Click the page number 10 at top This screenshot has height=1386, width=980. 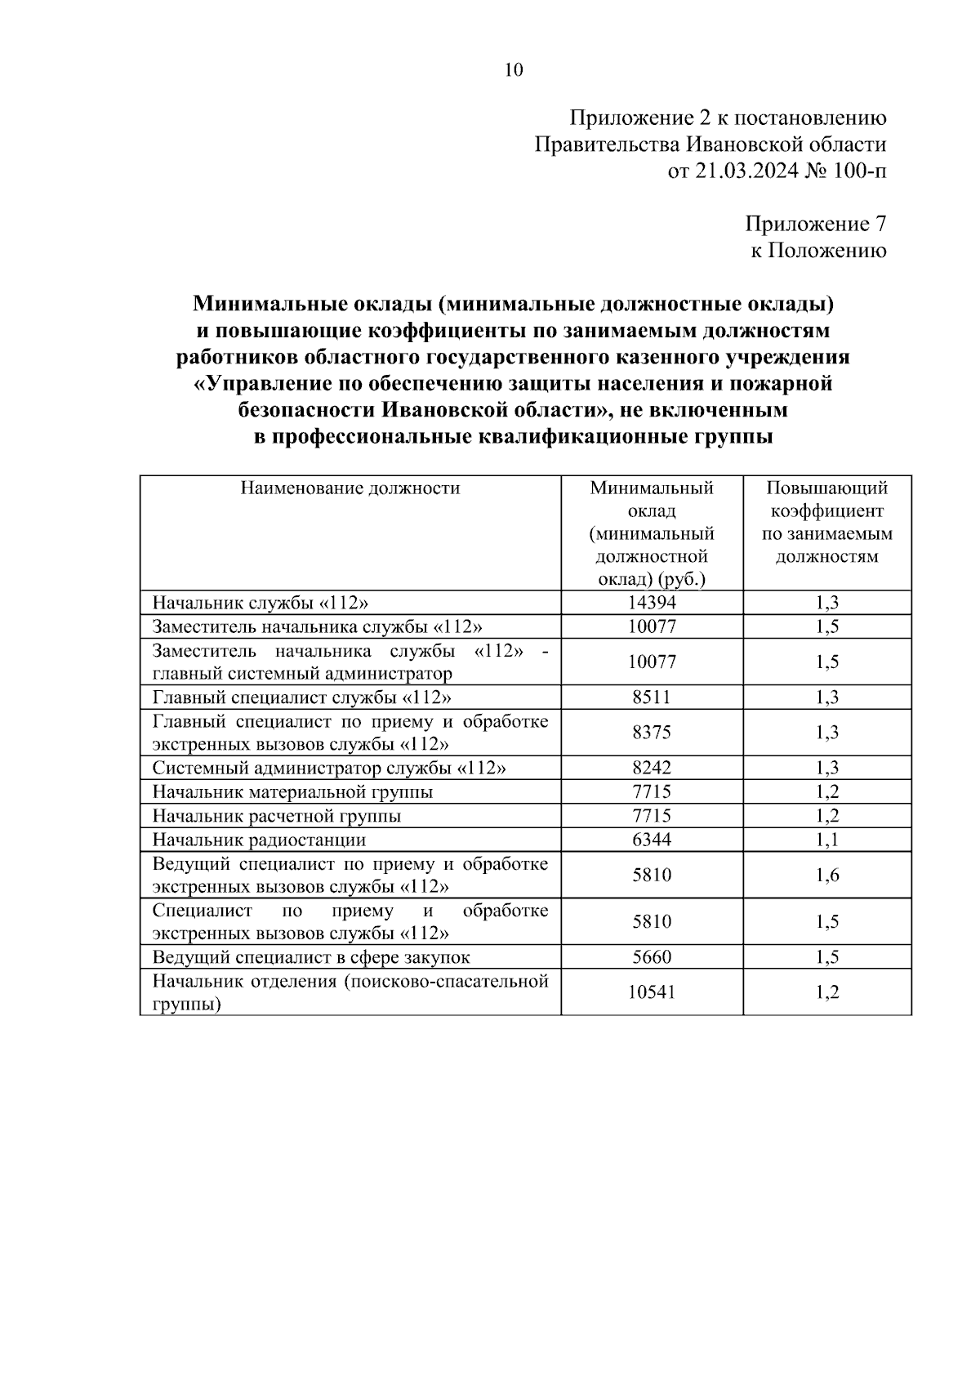tap(513, 69)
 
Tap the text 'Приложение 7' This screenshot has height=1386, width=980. tap(815, 224)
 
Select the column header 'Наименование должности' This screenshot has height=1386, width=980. tap(350, 488)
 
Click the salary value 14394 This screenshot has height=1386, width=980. tap(652, 603)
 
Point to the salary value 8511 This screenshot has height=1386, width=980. tap(652, 697)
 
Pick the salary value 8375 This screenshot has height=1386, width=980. tap(652, 733)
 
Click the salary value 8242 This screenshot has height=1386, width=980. tap(652, 768)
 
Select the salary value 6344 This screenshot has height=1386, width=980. tap(652, 840)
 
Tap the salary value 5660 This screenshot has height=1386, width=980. tap(652, 957)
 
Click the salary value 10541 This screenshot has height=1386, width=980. tap(652, 992)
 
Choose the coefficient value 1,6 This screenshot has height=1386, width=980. tap(827, 876)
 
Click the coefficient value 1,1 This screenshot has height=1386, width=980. tap(827, 840)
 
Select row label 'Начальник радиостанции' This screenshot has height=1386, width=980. tap(259, 840)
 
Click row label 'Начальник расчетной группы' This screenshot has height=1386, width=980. tap(277, 816)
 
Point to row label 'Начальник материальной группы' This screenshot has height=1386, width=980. tap(292, 791)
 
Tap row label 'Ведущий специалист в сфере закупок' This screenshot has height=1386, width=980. tap(311, 957)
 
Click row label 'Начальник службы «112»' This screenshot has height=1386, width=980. tap(261, 603)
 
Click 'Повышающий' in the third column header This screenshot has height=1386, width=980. tap(826, 488)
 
